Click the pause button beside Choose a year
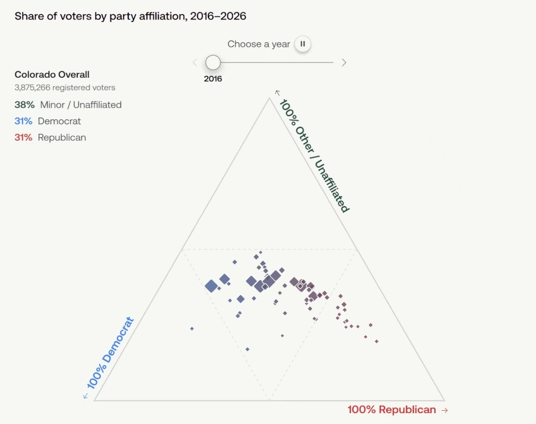click(302, 43)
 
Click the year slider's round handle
click(213, 62)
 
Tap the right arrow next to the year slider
click(344, 62)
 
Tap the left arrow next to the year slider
click(195, 62)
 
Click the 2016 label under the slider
click(213, 79)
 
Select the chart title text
click(130, 16)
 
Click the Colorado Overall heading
click(52, 74)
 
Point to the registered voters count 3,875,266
click(33, 88)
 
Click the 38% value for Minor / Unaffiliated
click(24, 105)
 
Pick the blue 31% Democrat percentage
click(23, 121)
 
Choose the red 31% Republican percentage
click(23, 137)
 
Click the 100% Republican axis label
click(392, 409)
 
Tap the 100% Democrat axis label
click(110, 352)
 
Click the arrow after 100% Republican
click(445, 410)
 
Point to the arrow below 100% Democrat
click(86, 395)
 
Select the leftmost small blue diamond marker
click(192, 328)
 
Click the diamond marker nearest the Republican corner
click(377, 342)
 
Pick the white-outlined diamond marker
click(301, 286)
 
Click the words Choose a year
click(259, 44)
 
